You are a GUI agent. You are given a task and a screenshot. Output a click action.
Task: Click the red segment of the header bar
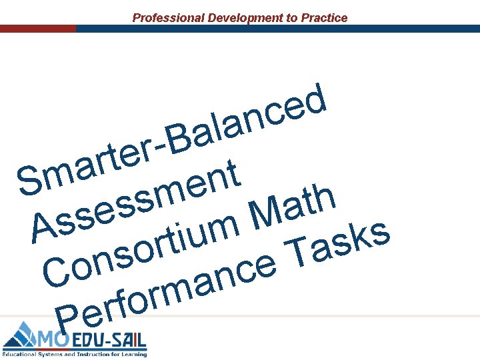tap(37, 29)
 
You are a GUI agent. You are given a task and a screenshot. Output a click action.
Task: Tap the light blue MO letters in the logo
tap(51, 341)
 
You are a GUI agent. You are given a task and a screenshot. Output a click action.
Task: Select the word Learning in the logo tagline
tap(131, 354)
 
